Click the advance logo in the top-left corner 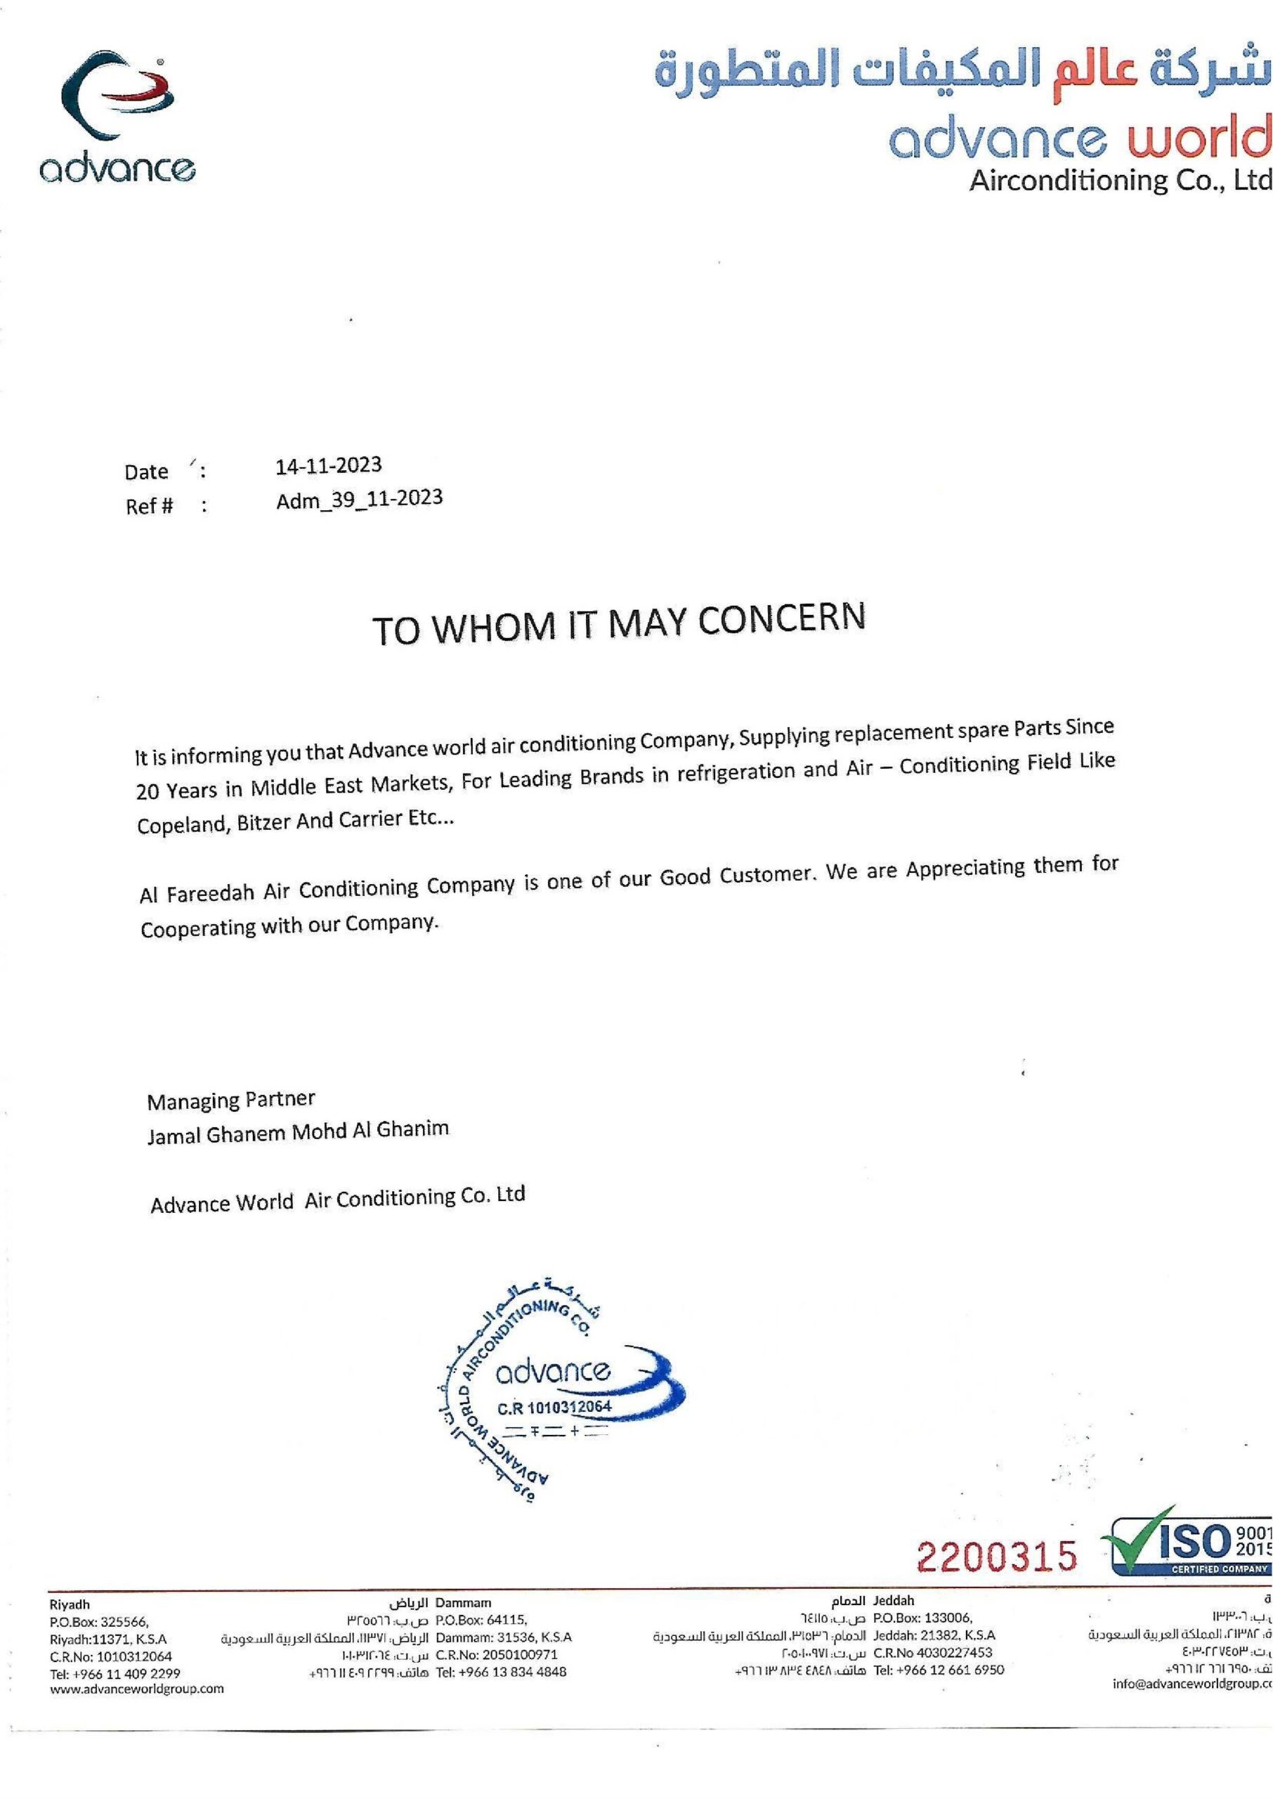[x=117, y=117]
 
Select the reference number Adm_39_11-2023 [x=359, y=500]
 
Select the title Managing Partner [x=230, y=1100]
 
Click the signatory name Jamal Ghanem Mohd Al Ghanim [x=298, y=1132]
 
